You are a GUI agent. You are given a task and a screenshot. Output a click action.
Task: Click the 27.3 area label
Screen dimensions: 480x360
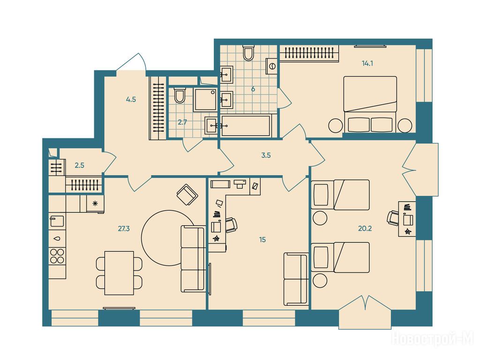coord(124,228)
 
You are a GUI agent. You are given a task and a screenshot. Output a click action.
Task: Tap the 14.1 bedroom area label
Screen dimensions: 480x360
coord(367,64)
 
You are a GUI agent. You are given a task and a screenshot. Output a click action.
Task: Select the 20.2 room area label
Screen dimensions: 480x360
coord(365,228)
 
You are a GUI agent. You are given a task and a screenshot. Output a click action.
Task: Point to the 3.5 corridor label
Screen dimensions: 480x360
coord(266,156)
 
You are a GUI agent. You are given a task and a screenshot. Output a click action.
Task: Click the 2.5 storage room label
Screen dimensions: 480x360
coord(79,165)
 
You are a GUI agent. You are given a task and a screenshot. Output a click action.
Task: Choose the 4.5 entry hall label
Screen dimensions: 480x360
coord(131,99)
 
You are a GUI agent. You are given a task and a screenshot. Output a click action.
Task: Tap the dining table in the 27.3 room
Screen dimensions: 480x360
coord(119,273)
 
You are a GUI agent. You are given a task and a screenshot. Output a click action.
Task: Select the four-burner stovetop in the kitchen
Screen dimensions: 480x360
coord(57,256)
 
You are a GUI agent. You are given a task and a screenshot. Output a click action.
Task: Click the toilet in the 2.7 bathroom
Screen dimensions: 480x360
coord(180,96)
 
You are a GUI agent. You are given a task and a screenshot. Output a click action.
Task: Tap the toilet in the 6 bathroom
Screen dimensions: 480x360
coord(248,53)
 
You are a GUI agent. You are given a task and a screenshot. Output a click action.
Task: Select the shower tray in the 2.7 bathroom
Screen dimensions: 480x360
coord(205,100)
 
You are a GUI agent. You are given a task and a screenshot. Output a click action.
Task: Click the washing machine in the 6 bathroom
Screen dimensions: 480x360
coord(271,66)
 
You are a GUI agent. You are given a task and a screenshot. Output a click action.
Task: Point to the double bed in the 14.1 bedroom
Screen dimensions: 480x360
coord(370,104)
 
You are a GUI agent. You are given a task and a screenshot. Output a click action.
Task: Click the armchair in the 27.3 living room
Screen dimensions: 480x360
coord(187,195)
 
